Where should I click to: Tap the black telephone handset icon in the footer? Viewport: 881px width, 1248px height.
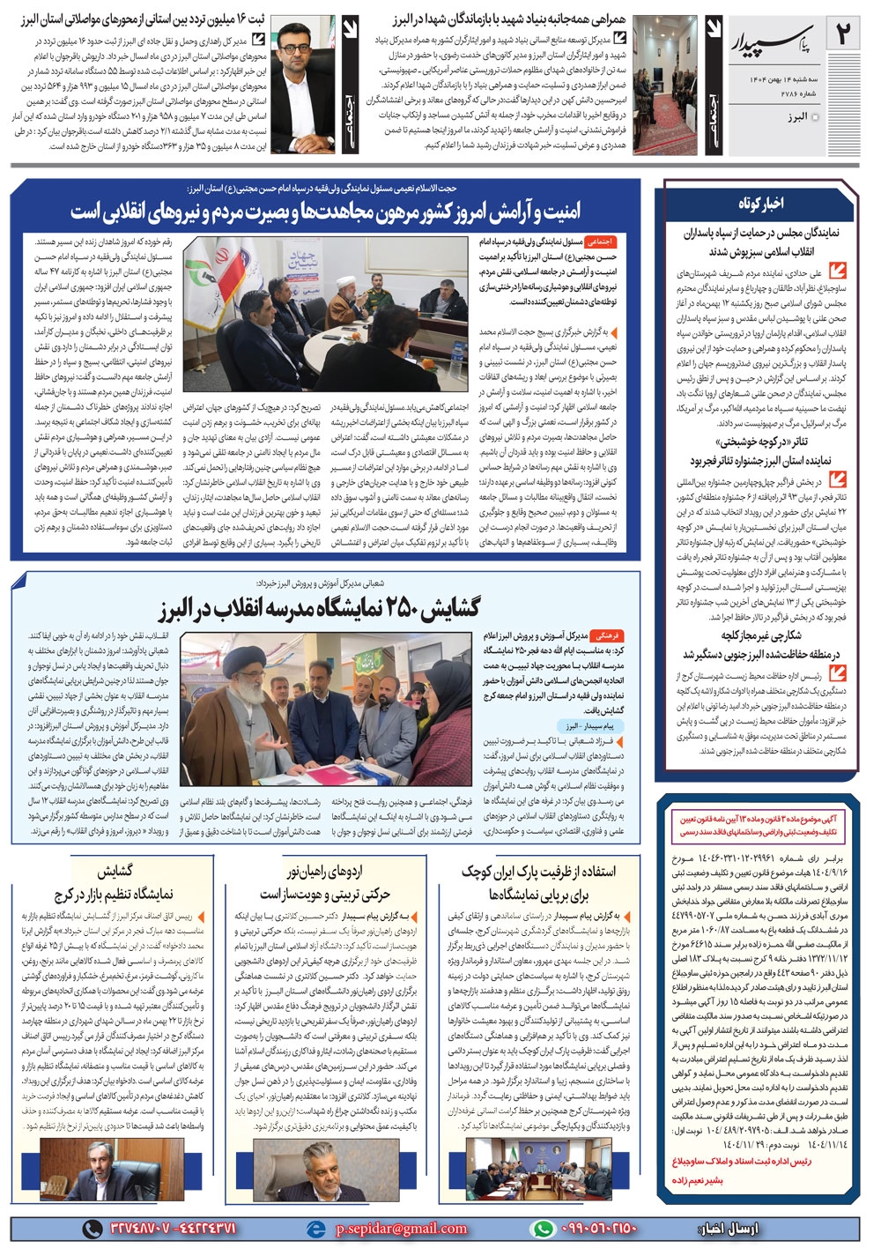[x=93, y=1228]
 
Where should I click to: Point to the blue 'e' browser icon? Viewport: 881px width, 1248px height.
[x=315, y=1228]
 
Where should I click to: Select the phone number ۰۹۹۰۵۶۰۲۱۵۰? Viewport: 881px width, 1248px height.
[x=596, y=1228]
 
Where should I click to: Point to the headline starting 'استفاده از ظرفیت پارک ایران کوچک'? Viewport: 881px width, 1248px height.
[x=538, y=872]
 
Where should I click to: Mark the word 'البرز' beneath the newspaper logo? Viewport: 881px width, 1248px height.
[x=793, y=116]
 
